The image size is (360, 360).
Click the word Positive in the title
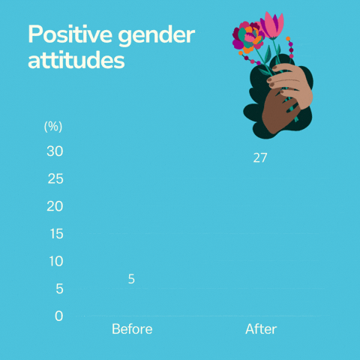click(70, 34)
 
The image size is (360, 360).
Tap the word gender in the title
click(157, 36)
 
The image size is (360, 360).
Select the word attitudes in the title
click(76, 60)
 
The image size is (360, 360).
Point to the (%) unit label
click(53, 127)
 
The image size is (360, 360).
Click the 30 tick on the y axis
click(55, 151)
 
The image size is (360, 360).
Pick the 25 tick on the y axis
click(55, 178)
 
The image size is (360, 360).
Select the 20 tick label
click(55, 206)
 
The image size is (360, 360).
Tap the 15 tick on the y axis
click(56, 234)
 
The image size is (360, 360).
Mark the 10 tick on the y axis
click(56, 261)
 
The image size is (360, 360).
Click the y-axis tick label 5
click(59, 289)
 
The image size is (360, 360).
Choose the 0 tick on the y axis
click(59, 316)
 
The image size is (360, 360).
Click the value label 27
click(260, 158)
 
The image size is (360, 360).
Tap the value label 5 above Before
click(131, 279)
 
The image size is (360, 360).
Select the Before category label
click(132, 329)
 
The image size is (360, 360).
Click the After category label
click(261, 329)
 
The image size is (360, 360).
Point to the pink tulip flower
click(271, 25)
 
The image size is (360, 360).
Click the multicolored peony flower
click(247, 37)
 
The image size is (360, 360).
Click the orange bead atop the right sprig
click(288, 39)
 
